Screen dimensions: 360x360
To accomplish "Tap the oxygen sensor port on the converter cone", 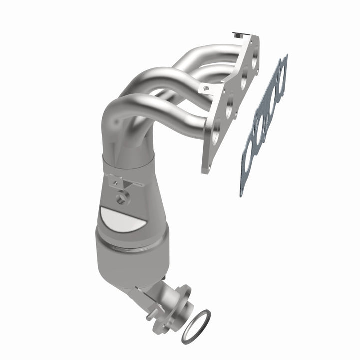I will [121, 199].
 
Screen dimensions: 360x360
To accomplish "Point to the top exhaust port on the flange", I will [255, 62].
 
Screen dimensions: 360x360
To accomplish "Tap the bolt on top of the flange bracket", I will [236, 35].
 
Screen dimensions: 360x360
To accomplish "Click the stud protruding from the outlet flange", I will [149, 317].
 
